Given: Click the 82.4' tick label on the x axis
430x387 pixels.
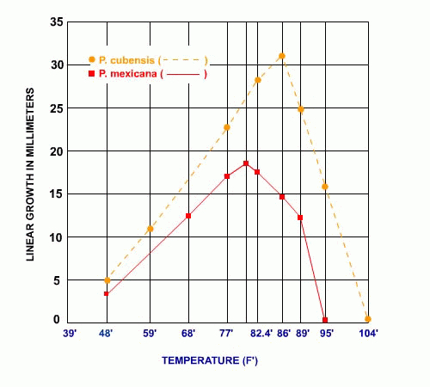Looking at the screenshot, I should [x=261, y=332].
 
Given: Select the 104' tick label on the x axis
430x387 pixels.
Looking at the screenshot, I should [x=369, y=332].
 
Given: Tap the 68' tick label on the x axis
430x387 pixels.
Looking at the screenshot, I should [x=188, y=332].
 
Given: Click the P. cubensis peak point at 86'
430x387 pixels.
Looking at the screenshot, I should [x=282, y=56].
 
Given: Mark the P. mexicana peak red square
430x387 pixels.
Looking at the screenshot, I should [x=246, y=163].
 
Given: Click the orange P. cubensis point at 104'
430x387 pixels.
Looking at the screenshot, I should [x=367, y=319].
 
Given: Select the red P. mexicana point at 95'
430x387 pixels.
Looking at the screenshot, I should [x=325, y=320].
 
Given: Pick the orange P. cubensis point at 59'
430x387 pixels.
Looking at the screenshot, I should [x=150, y=229].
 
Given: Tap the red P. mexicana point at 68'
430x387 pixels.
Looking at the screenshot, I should [x=188, y=216].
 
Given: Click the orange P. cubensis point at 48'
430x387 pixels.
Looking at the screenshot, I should [x=107, y=280].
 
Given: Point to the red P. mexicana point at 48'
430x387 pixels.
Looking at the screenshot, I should [x=106, y=294].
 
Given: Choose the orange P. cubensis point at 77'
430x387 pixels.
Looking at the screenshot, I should [x=227, y=127].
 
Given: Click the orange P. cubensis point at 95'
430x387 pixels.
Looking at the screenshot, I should [x=325, y=187].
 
